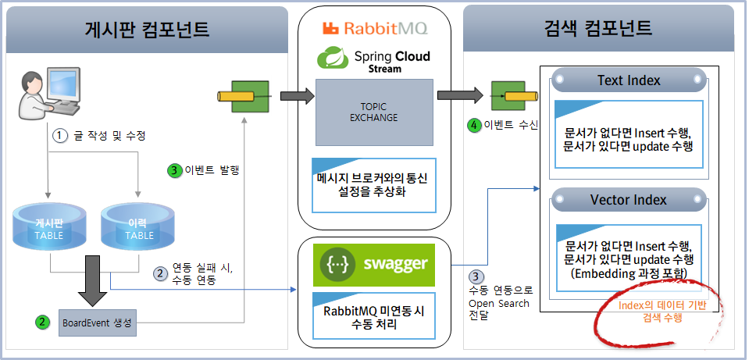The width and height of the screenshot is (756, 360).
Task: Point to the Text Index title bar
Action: [x=628, y=80]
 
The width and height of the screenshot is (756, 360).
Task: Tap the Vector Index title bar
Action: [x=628, y=200]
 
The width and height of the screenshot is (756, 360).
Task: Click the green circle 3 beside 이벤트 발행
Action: [x=174, y=169]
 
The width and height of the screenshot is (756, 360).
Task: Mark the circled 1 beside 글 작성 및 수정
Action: [x=59, y=134]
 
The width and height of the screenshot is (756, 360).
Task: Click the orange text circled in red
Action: [x=661, y=311]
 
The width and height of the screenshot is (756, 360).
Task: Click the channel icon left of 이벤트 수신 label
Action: [x=506, y=96]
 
